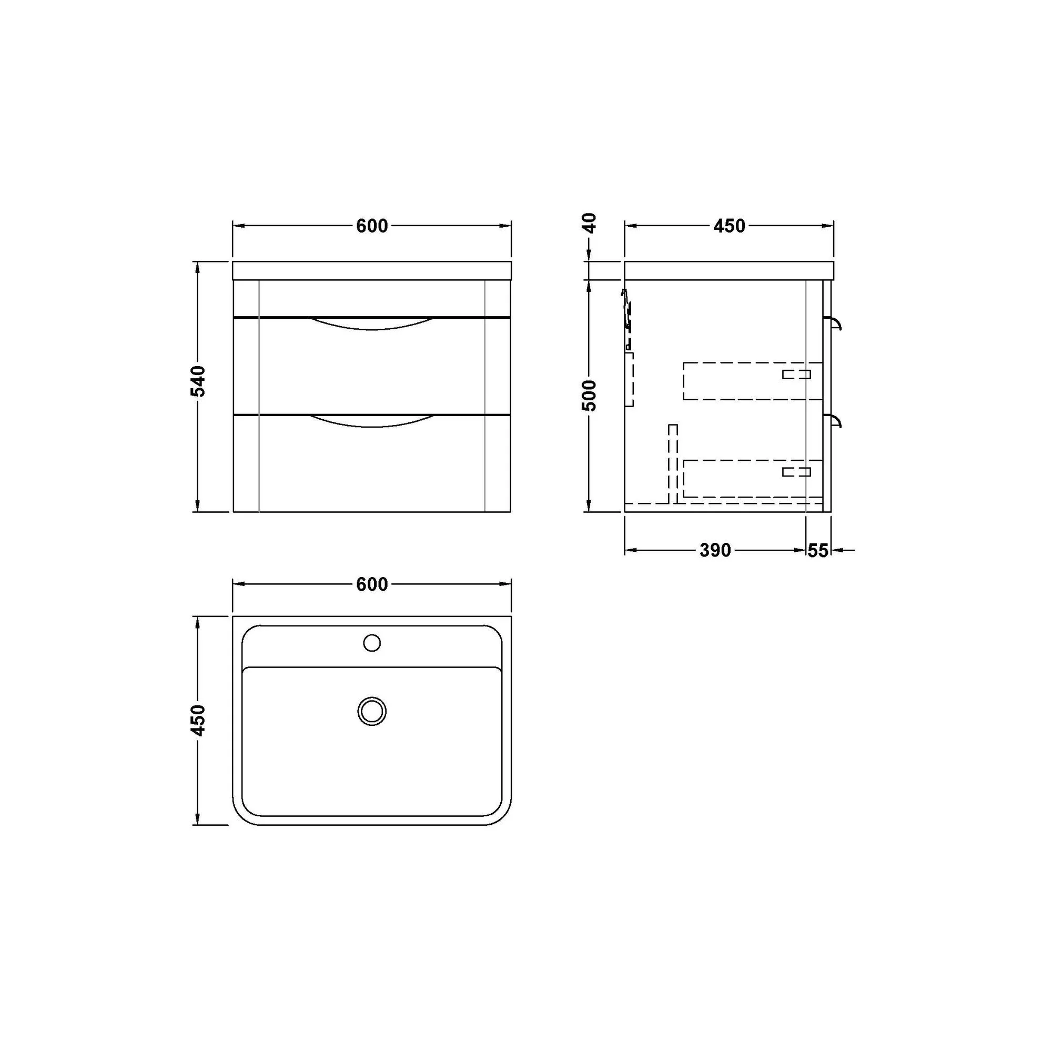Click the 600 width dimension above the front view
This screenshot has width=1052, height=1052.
[372, 226]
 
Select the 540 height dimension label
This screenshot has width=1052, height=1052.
[200, 381]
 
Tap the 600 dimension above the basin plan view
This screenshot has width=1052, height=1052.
[372, 584]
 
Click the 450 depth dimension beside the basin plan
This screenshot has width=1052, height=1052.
[200, 720]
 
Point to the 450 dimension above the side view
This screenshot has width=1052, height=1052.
[729, 226]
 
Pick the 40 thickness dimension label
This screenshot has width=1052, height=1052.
[590, 222]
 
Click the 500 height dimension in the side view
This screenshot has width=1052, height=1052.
[590, 396]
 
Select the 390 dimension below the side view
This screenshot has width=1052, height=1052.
[715, 551]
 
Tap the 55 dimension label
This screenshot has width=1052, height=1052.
[817, 551]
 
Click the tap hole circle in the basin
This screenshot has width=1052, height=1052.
[372, 643]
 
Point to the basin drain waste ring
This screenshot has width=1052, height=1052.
[372, 711]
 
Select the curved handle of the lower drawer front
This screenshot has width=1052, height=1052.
[372, 421]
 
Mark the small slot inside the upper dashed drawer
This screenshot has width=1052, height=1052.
[796, 374]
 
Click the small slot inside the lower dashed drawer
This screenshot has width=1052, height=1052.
[796, 471]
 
